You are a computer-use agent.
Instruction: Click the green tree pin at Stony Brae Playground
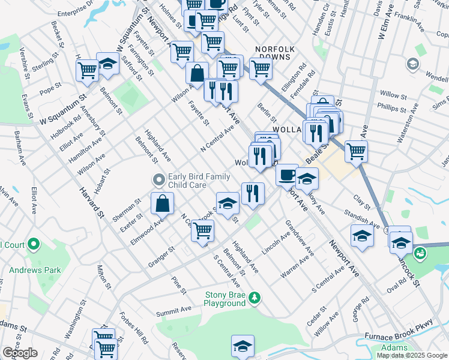[255, 298]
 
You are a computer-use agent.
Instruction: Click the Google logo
[20, 353]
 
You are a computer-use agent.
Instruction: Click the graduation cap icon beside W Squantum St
[108, 64]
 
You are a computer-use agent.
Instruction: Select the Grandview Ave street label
[300, 238]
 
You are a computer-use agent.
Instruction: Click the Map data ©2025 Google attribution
[412, 355]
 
